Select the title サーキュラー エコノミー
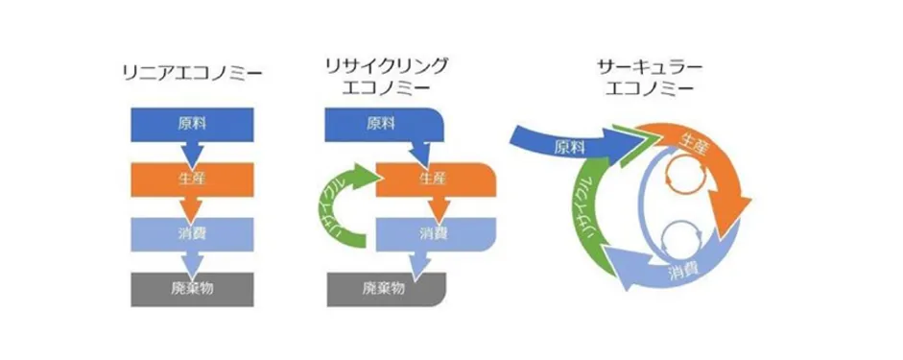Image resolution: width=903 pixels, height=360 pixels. pos(644,76)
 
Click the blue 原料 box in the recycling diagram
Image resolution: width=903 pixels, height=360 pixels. pos(379,123)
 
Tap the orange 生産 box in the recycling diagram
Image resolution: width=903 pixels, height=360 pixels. pos(432,178)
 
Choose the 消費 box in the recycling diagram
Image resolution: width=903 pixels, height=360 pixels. pos(432,232)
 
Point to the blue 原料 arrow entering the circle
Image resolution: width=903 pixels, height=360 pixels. pos(557,144)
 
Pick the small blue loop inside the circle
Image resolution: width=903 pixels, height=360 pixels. pos(683,236)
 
